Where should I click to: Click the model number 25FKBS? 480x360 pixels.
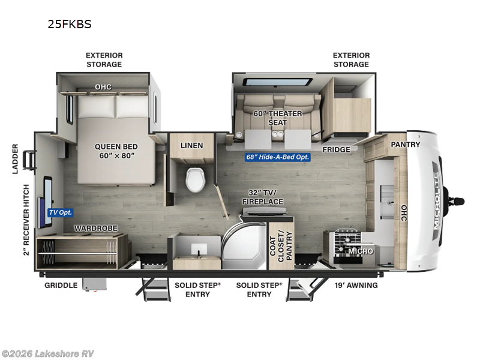[69, 25]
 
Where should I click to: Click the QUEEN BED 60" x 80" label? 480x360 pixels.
[116, 151]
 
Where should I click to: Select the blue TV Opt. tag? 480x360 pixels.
[60, 212]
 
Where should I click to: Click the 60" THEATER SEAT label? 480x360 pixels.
[278, 118]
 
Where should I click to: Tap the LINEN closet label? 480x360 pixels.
[192, 145]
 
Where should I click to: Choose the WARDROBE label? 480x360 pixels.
[95, 229]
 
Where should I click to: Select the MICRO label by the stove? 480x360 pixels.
[362, 251]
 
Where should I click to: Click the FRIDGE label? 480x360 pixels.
[336, 149]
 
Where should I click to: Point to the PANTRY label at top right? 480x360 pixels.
[406, 145]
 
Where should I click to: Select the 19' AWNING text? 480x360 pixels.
[356, 285]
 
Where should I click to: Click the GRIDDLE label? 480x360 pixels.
[61, 285]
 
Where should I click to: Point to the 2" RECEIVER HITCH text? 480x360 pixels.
[26, 220]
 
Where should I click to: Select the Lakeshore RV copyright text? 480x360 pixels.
[48, 353]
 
